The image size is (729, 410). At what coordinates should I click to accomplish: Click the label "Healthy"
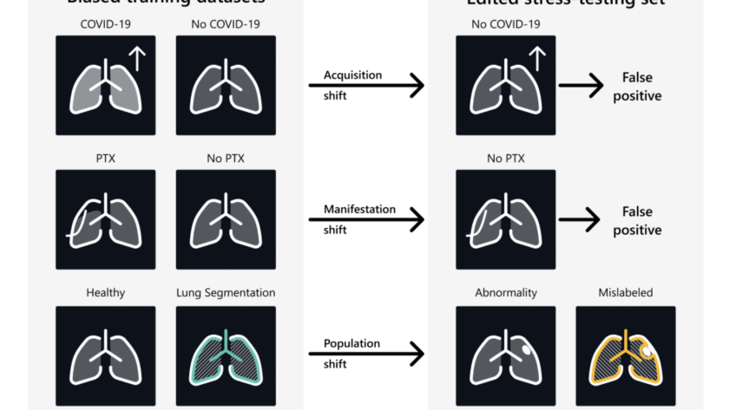(x=105, y=293)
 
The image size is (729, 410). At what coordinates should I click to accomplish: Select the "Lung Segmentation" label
(x=226, y=293)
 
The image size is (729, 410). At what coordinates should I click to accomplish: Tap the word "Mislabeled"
(x=625, y=293)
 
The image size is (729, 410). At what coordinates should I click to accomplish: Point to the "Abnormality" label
(x=505, y=293)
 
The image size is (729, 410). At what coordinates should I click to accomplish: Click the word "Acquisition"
(x=352, y=75)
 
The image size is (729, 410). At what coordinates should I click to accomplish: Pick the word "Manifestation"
(x=359, y=209)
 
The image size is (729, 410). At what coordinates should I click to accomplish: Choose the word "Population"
(x=352, y=343)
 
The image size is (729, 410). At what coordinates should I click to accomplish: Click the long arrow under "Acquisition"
(x=366, y=86)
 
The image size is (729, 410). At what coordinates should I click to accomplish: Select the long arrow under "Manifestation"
(x=366, y=220)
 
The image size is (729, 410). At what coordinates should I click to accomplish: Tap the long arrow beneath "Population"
(x=366, y=354)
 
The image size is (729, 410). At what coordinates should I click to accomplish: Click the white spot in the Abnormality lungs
(x=529, y=351)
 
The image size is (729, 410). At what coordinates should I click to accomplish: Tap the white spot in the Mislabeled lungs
(x=647, y=351)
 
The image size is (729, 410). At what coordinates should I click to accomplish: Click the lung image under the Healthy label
(x=105, y=355)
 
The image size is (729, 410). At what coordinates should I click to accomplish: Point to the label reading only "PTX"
(x=106, y=159)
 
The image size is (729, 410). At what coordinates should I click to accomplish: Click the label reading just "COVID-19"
(x=105, y=24)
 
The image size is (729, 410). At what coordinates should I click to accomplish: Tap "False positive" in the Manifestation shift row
(x=637, y=220)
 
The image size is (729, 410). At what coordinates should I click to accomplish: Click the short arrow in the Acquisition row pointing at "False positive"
(x=581, y=86)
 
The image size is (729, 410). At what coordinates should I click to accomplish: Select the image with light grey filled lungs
(x=105, y=85)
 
